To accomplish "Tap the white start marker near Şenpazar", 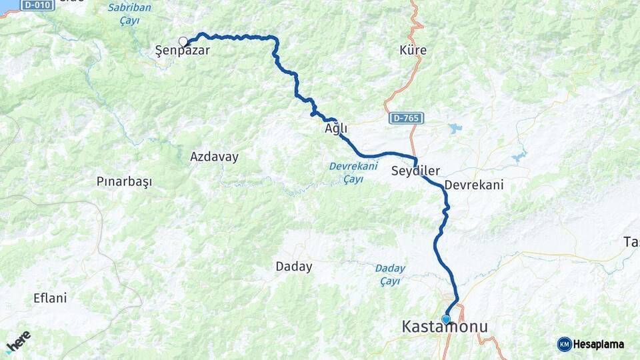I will coord(183,41).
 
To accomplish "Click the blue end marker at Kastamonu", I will coord(446,319).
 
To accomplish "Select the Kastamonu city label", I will coord(444,327).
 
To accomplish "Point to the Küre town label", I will coord(413,50).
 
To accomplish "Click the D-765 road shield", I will coord(406,118).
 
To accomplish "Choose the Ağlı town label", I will coord(336,129).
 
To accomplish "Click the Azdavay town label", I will coord(214,157).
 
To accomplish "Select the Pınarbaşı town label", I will coord(125,181).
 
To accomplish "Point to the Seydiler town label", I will coord(415,171).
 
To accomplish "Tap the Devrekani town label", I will coord(473,185).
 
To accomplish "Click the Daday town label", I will coord(294,267).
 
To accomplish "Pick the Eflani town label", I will coord(50,298).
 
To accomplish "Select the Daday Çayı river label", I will coord(390,275).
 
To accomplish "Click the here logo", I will coord(18,341).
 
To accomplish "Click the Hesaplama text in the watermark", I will coord(599,345).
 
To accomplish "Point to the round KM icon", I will coord(564,344).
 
